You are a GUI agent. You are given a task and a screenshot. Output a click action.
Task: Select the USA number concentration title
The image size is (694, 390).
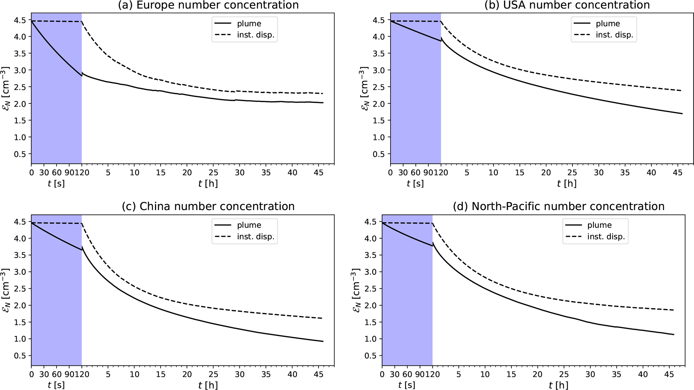(x=567, y=5)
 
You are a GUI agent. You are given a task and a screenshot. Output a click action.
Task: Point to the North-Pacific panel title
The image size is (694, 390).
(x=559, y=206)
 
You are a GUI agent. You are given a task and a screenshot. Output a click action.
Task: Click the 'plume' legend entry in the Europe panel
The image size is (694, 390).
(x=249, y=24)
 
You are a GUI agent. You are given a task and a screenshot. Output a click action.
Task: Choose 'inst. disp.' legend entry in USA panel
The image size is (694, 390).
(x=614, y=35)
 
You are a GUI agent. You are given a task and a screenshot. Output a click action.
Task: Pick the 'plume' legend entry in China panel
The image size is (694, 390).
(x=249, y=225)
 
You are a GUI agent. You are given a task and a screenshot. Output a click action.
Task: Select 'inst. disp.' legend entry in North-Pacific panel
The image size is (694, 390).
(x=606, y=237)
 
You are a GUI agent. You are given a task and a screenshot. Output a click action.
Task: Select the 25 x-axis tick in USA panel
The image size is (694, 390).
(x=572, y=172)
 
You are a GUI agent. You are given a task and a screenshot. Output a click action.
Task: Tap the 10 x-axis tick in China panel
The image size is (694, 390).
(x=134, y=374)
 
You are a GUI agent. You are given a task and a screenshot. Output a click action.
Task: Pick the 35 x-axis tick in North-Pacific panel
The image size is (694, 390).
(x=616, y=374)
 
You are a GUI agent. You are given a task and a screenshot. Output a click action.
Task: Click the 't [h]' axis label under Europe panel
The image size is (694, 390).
(x=208, y=184)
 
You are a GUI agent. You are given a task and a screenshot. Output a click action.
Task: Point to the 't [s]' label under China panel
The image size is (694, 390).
(x=56, y=385)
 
